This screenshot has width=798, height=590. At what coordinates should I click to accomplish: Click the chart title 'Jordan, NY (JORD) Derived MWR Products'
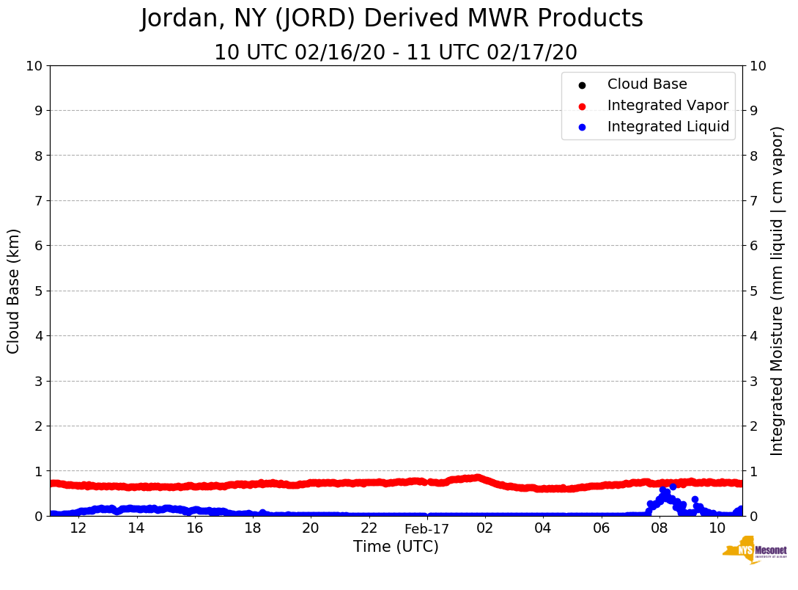point(391,19)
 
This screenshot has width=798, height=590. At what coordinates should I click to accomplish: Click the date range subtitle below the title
point(395,53)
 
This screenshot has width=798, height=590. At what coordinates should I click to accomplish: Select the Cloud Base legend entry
point(647,84)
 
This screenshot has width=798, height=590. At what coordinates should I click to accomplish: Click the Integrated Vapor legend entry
point(668,106)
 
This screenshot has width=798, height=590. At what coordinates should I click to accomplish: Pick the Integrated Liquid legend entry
point(668,127)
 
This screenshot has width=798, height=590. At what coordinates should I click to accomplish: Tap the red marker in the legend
point(582,106)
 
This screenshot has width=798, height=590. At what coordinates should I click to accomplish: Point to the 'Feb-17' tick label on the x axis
point(426,528)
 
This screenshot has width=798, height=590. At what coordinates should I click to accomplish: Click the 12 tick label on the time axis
point(78,528)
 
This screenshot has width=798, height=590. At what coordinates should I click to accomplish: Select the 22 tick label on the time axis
point(369,528)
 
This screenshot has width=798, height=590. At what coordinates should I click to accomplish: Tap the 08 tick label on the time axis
point(660,528)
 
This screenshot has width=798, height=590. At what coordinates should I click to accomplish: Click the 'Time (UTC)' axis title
point(396,547)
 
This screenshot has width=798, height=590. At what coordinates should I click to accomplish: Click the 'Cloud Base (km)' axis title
point(14,291)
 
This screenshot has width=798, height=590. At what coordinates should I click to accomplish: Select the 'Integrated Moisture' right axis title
point(777,291)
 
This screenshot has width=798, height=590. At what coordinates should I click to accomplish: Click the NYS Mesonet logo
point(755,550)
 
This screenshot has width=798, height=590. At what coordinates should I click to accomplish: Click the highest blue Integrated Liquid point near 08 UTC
point(673,487)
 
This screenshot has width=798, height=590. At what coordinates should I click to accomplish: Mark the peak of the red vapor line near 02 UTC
point(478,478)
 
